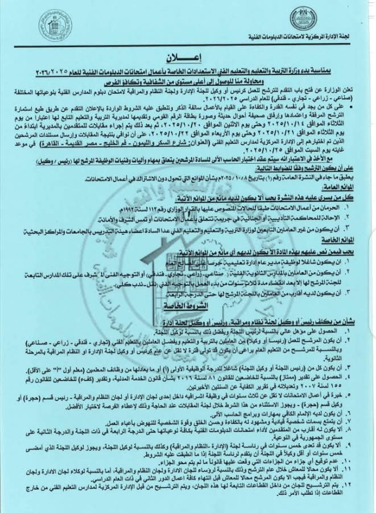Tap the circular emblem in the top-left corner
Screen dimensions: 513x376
pyautogui.click(x=55, y=25)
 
